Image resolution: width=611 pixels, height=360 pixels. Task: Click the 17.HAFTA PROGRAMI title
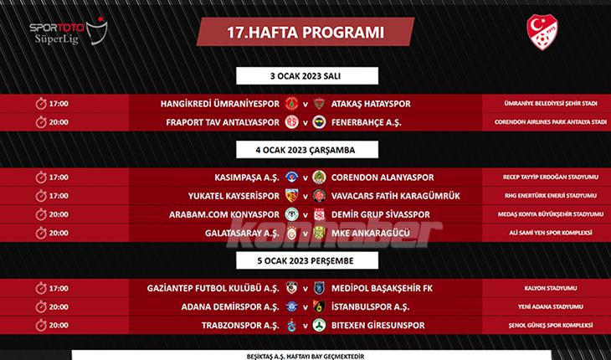(x=305, y=33)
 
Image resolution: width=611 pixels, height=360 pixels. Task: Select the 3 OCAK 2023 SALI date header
(x=305, y=76)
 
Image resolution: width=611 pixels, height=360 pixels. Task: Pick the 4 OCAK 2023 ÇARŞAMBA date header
(x=305, y=150)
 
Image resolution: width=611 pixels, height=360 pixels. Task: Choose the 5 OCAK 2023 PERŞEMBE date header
(x=305, y=260)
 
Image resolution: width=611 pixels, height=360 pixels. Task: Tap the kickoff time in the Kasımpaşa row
(x=59, y=177)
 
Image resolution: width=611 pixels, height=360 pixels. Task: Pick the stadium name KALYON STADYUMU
(x=544, y=287)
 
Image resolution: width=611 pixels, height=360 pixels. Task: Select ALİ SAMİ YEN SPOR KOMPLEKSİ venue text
(x=544, y=232)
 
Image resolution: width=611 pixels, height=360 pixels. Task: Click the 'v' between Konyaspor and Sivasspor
(x=305, y=214)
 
